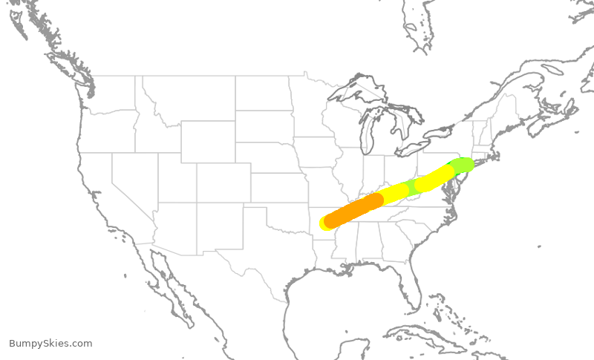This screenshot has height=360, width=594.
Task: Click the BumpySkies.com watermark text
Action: pos(50,343)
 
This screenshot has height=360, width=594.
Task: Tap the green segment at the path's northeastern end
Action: pos(462,164)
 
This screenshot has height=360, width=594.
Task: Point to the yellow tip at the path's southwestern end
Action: pos(324,223)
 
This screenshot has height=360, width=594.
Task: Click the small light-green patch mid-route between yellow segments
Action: pos(411,187)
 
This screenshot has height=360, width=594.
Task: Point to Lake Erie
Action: pos(416,148)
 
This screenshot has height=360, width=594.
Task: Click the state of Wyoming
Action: pos(208,141)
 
